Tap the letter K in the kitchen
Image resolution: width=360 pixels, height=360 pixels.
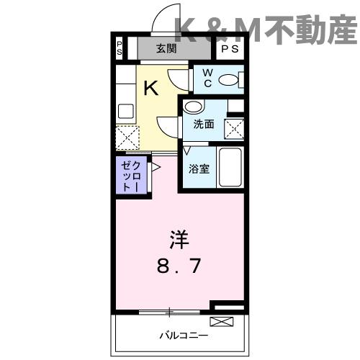click(151, 88)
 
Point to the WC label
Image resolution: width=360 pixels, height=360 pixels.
click(205, 77)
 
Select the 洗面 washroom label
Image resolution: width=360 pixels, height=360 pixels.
click(203, 124)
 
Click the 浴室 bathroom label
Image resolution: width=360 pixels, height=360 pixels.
click(199, 168)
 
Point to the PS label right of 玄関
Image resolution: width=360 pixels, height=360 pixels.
click(230, 49)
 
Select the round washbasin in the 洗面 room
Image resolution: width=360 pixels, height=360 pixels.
click(192, 107)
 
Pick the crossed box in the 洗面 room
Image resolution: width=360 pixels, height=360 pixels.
click(235, 129)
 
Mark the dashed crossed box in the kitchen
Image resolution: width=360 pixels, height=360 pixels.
click(127, 137)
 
